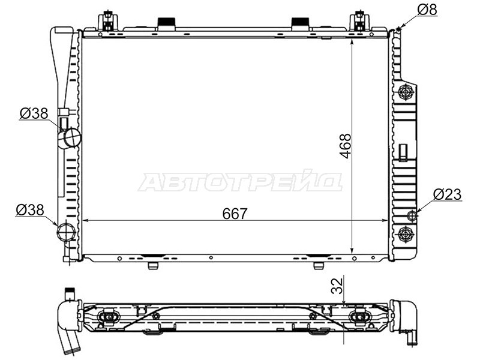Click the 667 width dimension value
click(x=235, y=214)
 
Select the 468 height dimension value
click(x=346, y=146)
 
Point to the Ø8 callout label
click(x=427, y=10)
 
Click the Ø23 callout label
click(x=448, y=194)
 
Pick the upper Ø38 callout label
click(x=34, y=113)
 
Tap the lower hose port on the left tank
click(x=66, y=232)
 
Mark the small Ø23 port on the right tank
click(x=412, y=216)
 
